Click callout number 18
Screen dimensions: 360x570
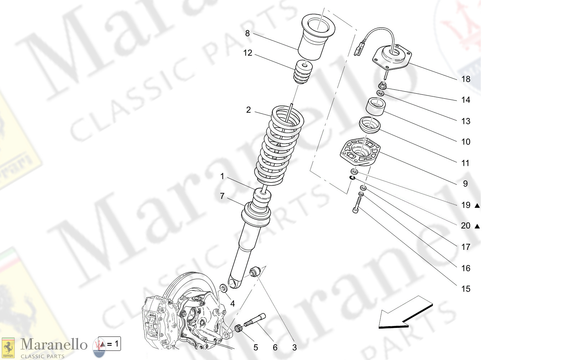coord(465,79)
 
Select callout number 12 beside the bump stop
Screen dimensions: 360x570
coord(248,53)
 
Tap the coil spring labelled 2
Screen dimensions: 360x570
coord(279,146)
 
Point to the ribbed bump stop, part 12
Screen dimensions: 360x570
coord(303,73)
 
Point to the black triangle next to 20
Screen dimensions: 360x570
coord(477,226)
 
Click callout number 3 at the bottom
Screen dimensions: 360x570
coord(294,348)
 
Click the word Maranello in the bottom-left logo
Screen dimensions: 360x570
coord(54,345)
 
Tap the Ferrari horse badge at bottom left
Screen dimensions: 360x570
coord(8,348)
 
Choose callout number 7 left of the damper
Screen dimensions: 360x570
coord(222,196)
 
